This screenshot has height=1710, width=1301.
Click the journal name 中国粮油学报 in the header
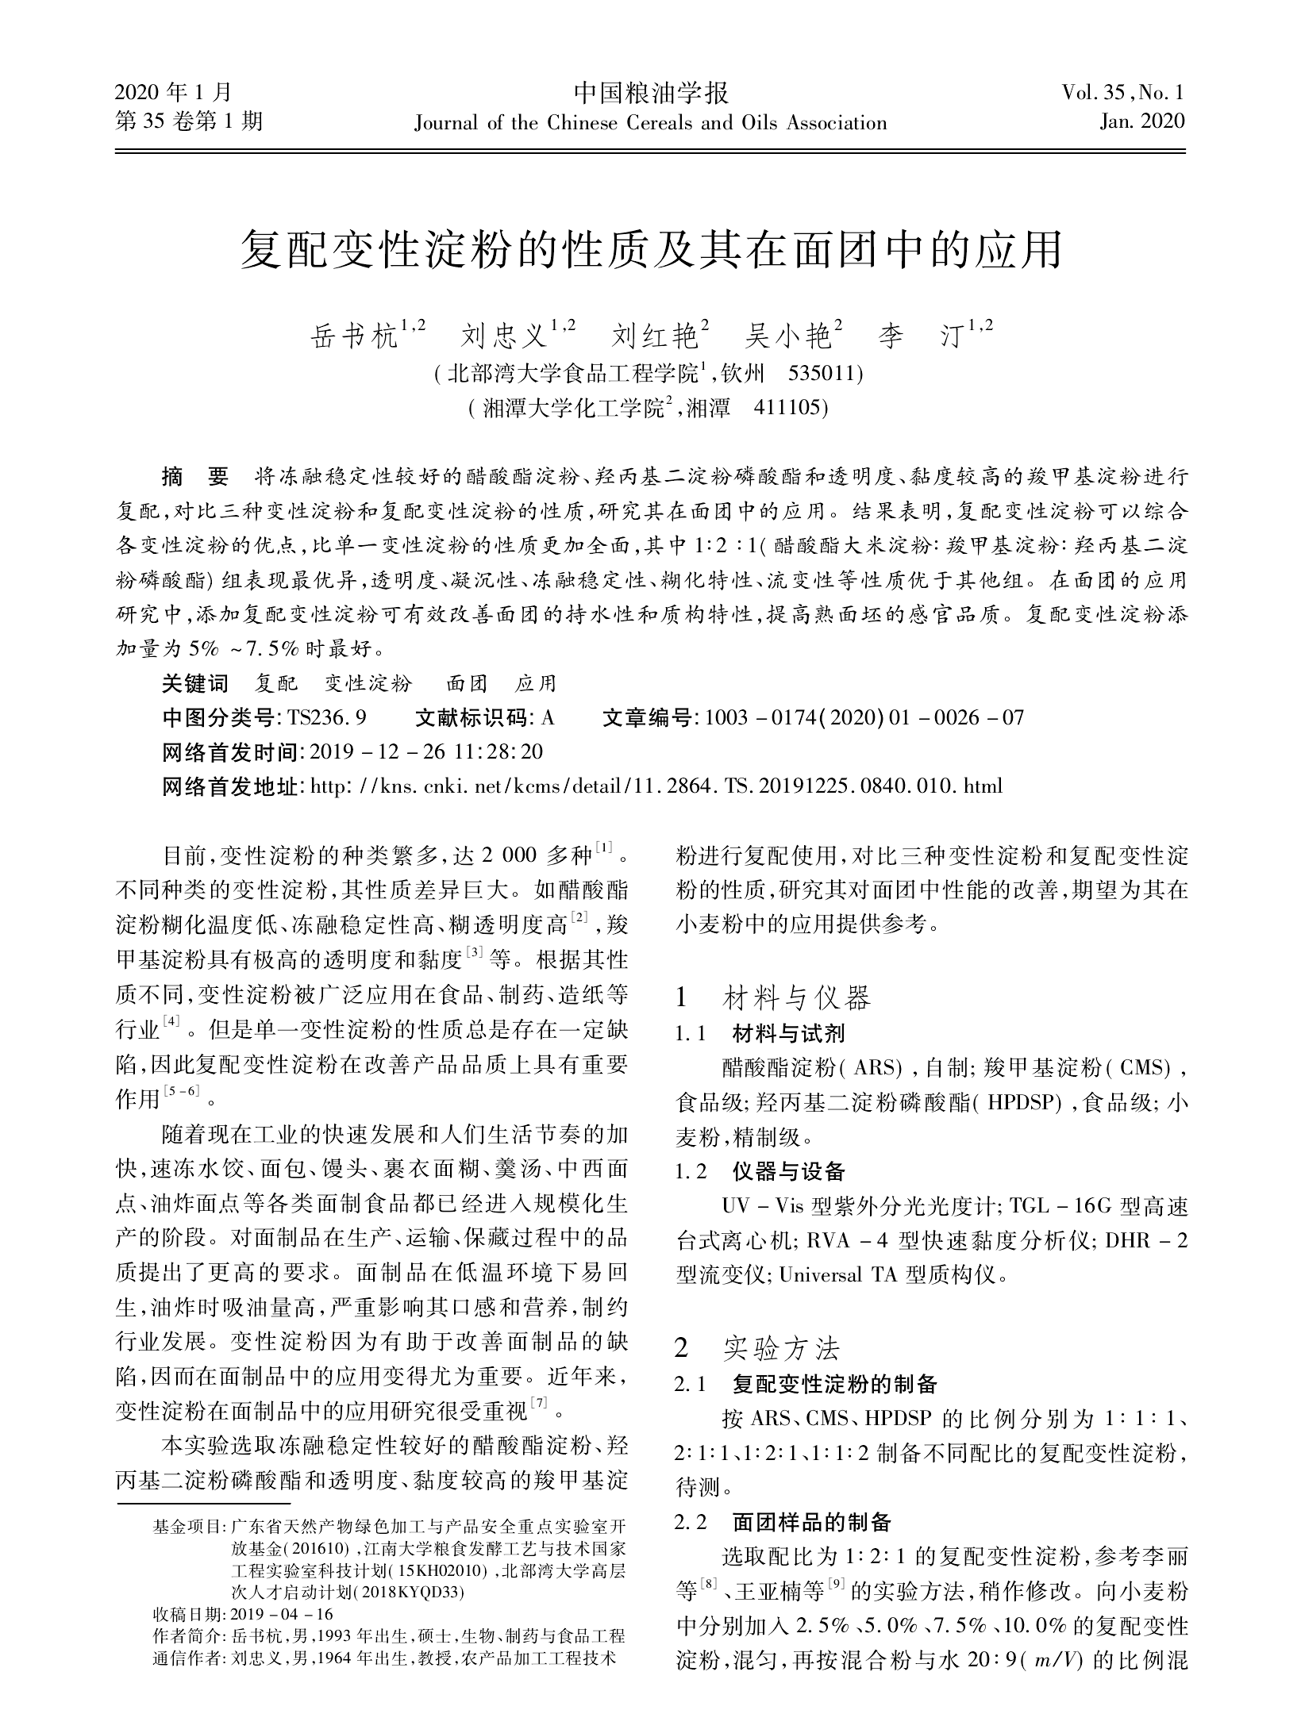(x=650, y=94)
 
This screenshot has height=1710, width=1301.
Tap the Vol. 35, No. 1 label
(x=1122, y=94)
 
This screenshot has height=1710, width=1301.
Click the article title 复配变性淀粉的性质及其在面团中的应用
(x=650, y=251)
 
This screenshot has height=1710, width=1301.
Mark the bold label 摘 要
(x=194, y=477)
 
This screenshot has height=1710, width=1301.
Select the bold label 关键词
(x=194, y=683)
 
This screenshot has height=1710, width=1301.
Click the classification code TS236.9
(x=327, y=718)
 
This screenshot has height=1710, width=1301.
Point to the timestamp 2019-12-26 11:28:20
(x=426, y=752)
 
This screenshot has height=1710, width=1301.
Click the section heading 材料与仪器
(x=796, y=997)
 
